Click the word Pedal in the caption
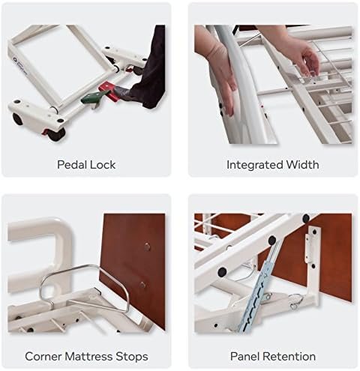(73, 164)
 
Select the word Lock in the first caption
(106, 164)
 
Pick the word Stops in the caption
(133, 356)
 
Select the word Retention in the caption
(291, 356)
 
